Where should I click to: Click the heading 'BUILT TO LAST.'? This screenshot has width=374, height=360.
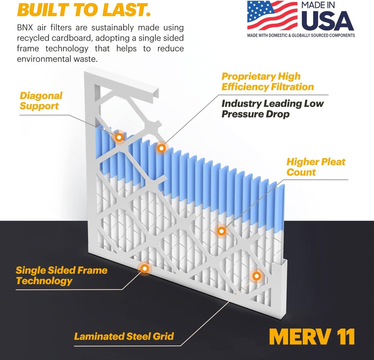84,10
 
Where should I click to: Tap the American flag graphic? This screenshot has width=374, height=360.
272,16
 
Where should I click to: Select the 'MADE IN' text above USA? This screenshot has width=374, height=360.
318,5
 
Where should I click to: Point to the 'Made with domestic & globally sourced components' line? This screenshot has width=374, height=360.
301,35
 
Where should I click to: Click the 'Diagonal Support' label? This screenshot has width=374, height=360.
41,101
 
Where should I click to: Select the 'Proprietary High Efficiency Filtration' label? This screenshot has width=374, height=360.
267,82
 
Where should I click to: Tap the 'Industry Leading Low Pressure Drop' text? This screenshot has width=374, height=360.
272,109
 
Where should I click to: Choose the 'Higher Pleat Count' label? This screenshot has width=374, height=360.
316,167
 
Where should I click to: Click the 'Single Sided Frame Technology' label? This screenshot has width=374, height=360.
61,276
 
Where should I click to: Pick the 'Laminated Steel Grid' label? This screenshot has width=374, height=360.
124,336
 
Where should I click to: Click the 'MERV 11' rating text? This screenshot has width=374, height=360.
312,337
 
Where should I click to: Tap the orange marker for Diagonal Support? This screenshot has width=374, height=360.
119,137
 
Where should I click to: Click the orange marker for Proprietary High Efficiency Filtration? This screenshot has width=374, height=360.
161,148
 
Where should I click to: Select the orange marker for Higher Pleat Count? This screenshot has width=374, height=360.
221,231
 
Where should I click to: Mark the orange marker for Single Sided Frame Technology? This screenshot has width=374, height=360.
145,269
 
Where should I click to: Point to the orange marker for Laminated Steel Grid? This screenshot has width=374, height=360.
256,276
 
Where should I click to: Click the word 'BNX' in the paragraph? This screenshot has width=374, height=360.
25,27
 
